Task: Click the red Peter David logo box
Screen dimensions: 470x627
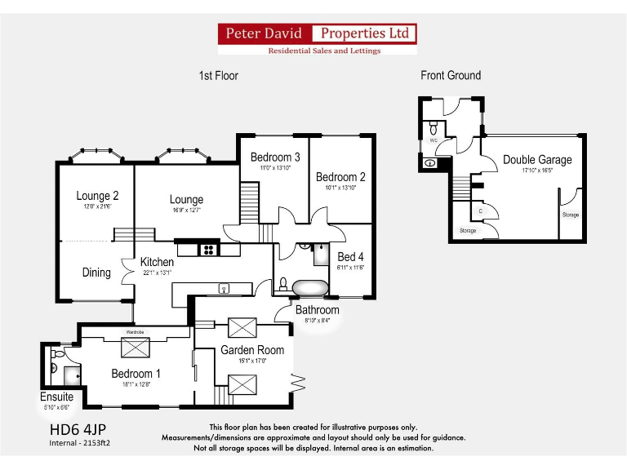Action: point(265,33)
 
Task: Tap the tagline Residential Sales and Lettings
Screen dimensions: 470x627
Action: point(325,51)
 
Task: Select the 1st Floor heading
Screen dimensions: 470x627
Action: point(219,76)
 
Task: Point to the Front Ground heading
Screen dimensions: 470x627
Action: point(451,76)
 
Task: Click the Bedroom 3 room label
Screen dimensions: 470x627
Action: point(275,157)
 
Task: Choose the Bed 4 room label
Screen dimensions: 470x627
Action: point(350,257)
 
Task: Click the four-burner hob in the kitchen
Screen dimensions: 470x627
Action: point(208,250)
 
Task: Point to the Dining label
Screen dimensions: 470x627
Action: point(96,273)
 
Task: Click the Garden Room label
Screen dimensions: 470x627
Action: point(252,350)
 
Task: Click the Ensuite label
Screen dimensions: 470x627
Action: point(57,397)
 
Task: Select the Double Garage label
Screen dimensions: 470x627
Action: point(537,160)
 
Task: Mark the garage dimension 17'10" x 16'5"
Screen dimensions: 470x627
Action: point(537,171)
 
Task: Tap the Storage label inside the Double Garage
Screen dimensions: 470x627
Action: point(571,215)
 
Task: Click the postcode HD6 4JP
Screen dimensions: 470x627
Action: point(78,429)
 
